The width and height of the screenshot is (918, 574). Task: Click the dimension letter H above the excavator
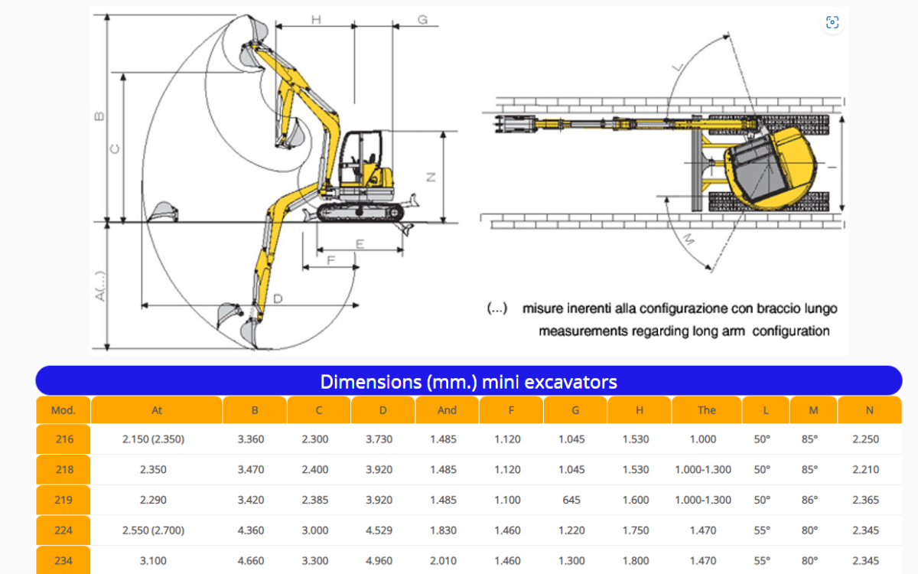pyautogui.click(x=316, y=19)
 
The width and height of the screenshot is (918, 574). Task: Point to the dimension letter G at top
pyautogui.click(x=422, y=19)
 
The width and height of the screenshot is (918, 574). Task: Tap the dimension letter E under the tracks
pyautogui.click(x=360, y=244)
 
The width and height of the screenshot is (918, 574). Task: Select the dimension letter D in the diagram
pyautogui.click(x=278, y=299)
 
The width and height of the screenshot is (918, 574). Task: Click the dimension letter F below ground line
pyautogui.click(x=330, y=260)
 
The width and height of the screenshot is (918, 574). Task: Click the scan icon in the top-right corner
pyautogui.click(x=832, y=22)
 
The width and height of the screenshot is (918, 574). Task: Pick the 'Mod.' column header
pyautogui.click(x=63, y=410)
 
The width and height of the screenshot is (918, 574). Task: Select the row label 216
pyautogui.click(x=64, y=439)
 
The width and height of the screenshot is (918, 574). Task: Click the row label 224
pyautogui.click(x=63, y=530)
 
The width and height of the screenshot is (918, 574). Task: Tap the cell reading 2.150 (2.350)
pyautogui.click(x=153, y=439)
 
